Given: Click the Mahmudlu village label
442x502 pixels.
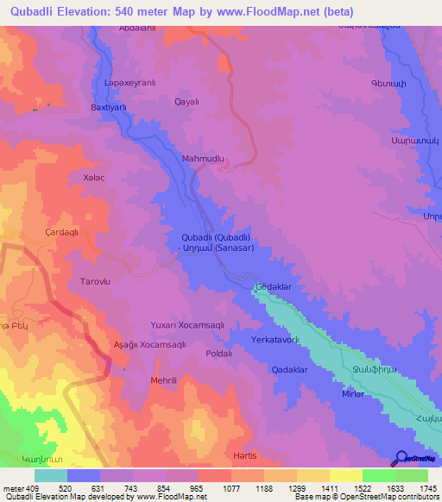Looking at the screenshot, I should tap(203, 159).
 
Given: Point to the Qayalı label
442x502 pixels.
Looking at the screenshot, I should tap(187, 101).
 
